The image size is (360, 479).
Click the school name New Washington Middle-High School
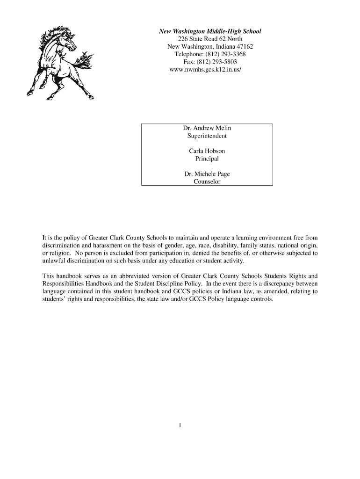click(210, 31)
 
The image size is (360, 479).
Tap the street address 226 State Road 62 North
click(210, 39)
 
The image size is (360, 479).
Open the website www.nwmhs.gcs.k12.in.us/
click(207, 69)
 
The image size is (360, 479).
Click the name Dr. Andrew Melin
click(207, 128)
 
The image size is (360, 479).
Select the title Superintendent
click(207, 136)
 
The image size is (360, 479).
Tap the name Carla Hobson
click(207, 151)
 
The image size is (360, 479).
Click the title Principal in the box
click(207, 159)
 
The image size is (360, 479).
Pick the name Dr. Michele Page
click(207, 174)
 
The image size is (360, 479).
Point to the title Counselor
click(207, 181)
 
